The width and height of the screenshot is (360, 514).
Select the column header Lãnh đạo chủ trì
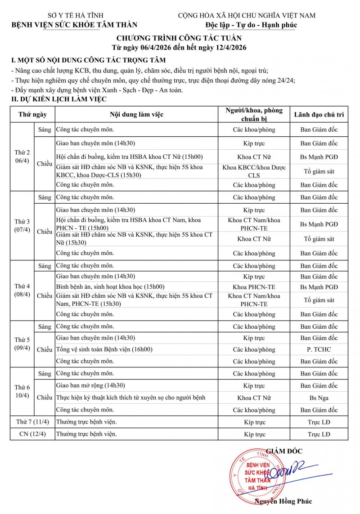319,114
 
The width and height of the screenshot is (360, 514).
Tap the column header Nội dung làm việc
136,114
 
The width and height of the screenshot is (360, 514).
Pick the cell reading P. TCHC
319,349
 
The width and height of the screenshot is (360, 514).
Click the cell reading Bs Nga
319,398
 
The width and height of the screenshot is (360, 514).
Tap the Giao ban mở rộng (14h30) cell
90,386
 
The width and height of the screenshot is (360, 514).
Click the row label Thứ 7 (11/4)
32,422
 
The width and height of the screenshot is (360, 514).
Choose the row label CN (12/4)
32,434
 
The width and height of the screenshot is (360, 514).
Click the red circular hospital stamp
256,475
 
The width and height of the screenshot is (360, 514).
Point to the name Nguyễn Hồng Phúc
283,501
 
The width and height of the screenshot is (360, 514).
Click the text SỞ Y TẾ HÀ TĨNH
74,15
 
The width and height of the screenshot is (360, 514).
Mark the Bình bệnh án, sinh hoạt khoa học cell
110,287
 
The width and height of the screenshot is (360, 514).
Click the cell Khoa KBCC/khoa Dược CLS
254,171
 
